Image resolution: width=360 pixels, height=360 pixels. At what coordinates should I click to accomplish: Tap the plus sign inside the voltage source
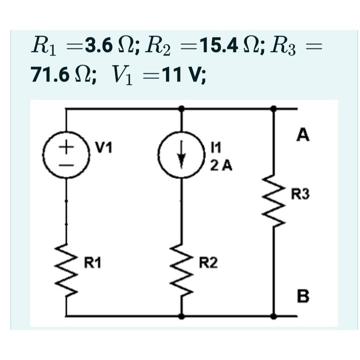tap(67, 146)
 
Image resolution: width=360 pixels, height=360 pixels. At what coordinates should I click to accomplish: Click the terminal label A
tap(303, 135)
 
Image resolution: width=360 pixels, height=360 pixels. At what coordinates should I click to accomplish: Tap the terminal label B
tap(303, 296)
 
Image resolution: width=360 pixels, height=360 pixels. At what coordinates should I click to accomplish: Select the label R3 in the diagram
tap(300, 195)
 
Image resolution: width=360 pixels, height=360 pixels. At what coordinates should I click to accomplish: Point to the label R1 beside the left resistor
tap(93, 263)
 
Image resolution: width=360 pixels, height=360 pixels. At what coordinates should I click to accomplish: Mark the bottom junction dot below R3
tap(274, 316)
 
